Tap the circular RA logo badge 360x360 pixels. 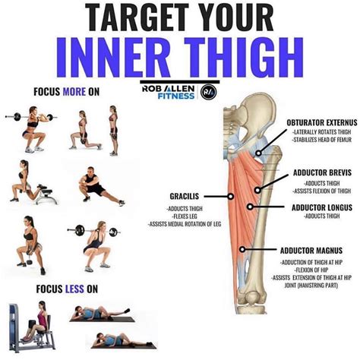click(x=209, y=92)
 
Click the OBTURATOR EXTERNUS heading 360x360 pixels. click(x=322, y=123)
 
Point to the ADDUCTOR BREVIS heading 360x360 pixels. click(x=322, y=172)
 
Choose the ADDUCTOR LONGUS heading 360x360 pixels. click(x=322, y=207)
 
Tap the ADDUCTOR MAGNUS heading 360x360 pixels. click(x=311, y=251)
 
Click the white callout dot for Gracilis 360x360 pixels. click(x=231, y=197)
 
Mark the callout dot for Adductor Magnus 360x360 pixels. click(x=242, y=249)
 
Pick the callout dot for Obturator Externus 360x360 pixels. click(x=258, y=153)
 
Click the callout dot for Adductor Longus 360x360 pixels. click(x=250, y=207)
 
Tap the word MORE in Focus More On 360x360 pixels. click(x=74, y=92)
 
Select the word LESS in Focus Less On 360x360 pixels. click(x=74, y=289)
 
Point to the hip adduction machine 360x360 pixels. click(x=32, y=328)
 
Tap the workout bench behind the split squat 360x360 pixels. click(x=46, y=194)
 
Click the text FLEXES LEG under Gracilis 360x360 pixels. click(x=185, y=216)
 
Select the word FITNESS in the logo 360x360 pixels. click(x=176, y=96)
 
